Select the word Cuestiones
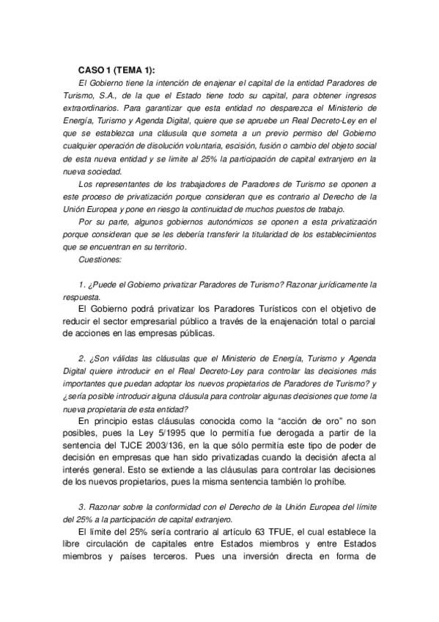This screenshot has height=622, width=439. [x=103, y=260]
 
